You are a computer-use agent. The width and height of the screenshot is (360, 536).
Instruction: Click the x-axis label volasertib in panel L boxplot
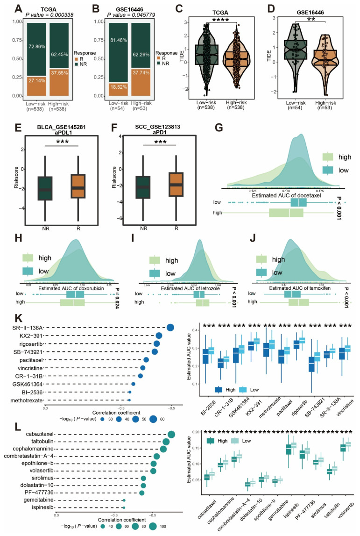tap(346, 519)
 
